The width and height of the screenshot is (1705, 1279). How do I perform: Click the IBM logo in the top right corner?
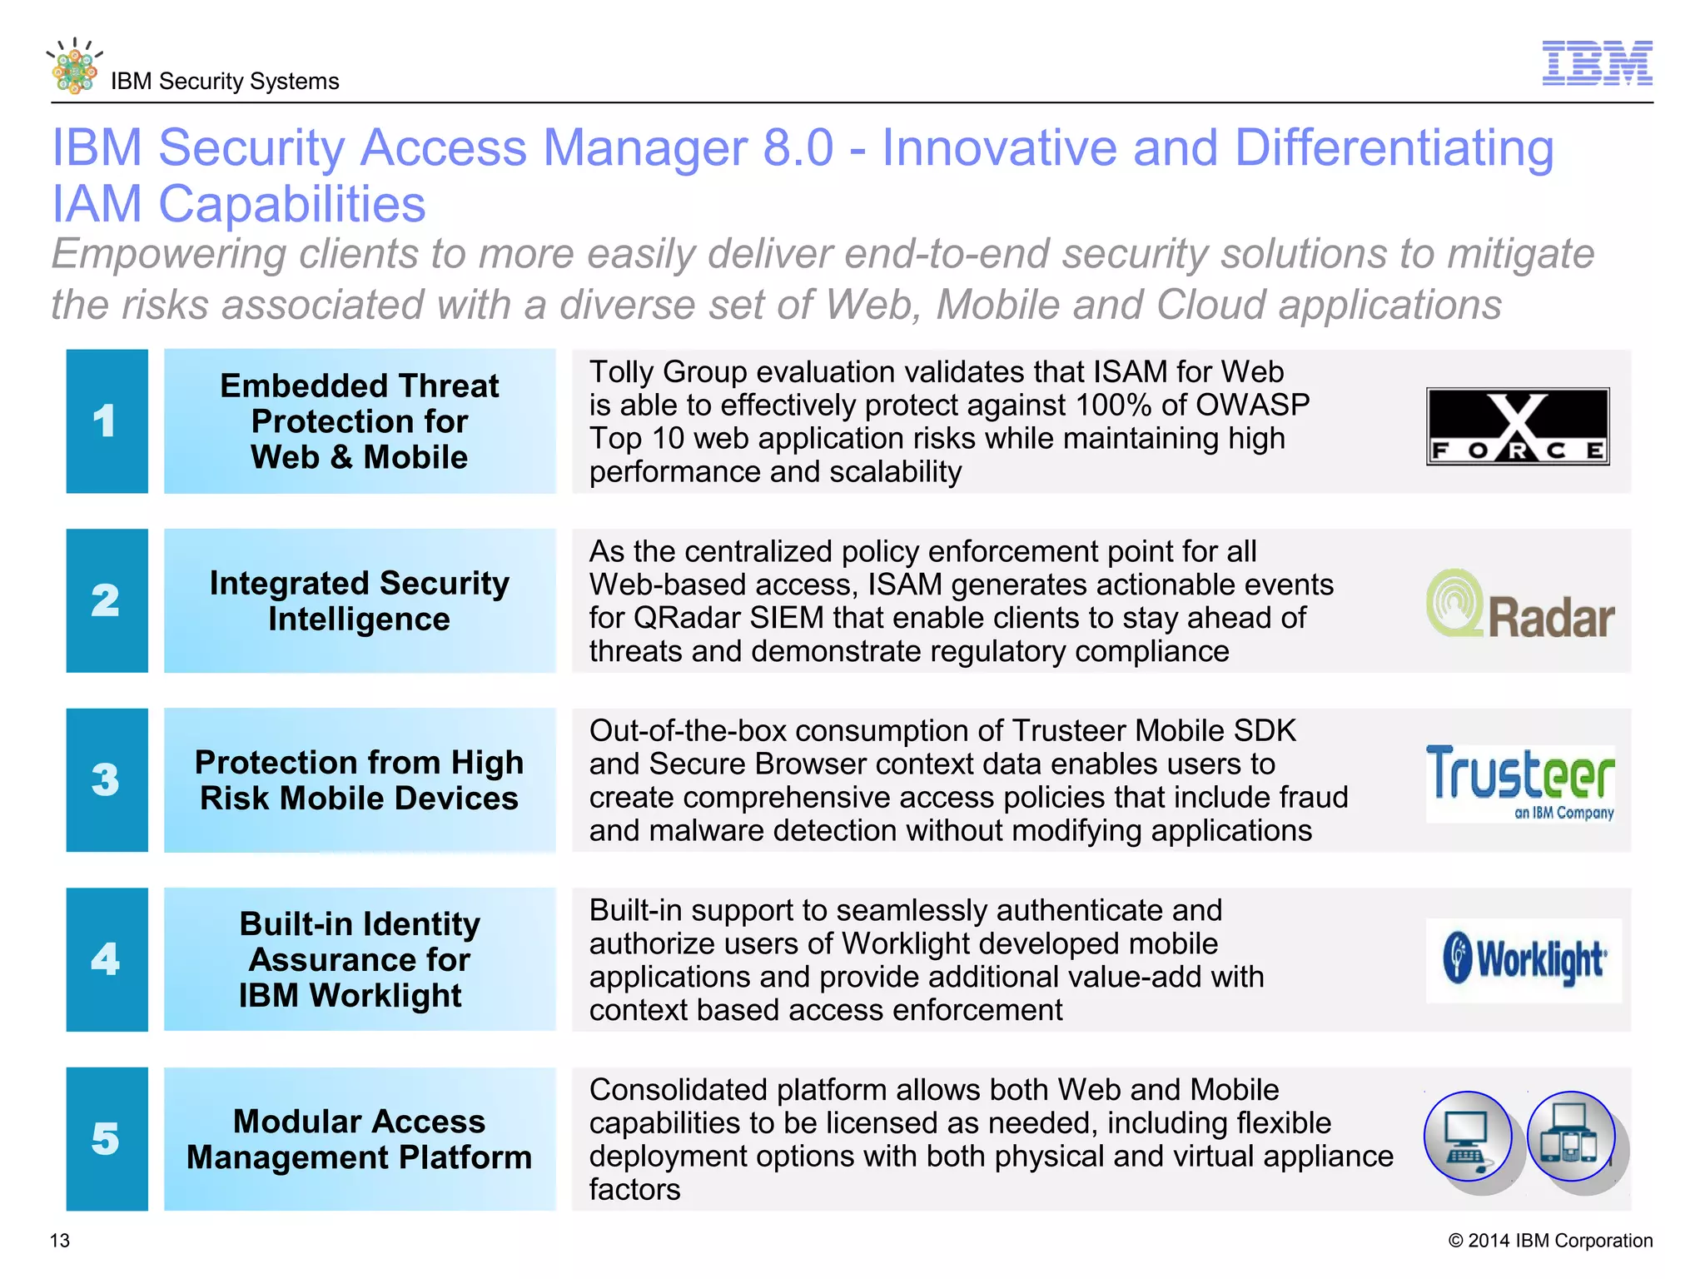click(x=1597, y=63)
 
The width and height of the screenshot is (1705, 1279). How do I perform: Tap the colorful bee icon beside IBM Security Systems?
click(x=74, y=67)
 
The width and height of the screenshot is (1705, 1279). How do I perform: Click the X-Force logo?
click(x=1518, y=426)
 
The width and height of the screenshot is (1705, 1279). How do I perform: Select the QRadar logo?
click(x=1520, y=605)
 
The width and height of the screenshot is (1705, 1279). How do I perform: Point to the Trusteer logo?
click(x=1520, y=782)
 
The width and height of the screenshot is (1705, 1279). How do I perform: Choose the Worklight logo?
click(x=1524, y=960)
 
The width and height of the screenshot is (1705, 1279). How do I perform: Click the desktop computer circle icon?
click(x=1468, y=1137)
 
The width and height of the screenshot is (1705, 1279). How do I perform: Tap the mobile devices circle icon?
click(x=1571, y=1137)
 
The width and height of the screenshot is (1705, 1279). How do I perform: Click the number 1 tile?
click(x=107, y=421)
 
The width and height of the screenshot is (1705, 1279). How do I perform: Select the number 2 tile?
click(x=107, y=600)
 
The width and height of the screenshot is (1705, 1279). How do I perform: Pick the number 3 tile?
click(x=107, y=780)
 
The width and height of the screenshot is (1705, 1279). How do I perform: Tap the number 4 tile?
click(x=107, y=959)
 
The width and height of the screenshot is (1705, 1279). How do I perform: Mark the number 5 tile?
click(x=107, y=1139)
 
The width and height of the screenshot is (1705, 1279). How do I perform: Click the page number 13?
click(x=60, y=1241)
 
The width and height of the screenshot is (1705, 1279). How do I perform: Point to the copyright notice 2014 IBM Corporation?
click(x=1550, y=1241)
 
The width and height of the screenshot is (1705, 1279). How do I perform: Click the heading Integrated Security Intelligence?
click(x=360, y=601)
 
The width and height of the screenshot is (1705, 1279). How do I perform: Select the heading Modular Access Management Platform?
click(x=360, y=1139)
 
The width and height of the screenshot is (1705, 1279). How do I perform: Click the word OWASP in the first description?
click(x=1252, y=406)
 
